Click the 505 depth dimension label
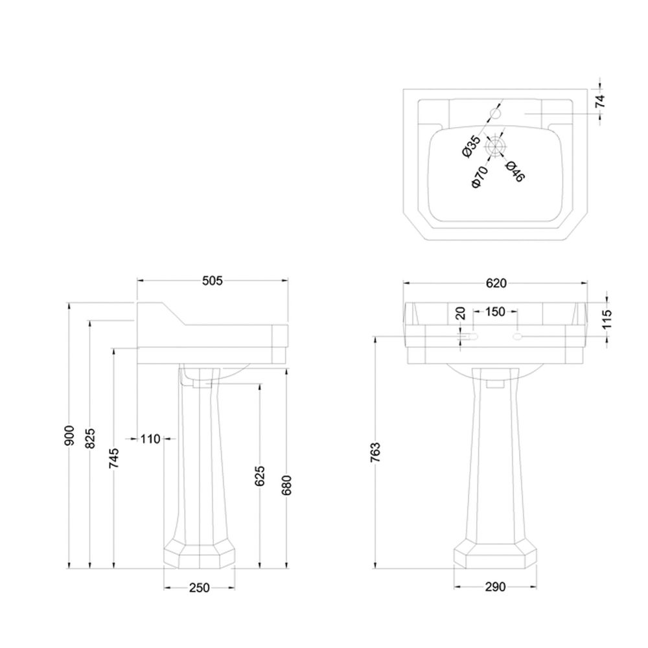point(213,281)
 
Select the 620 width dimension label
point(496,283)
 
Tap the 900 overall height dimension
point(69,435)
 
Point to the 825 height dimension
point(91,438)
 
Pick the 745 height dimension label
point(113,458)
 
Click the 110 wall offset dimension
point(150,439)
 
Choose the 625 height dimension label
point(260,476)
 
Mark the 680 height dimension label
point(286,485)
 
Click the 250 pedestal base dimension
point(200,587)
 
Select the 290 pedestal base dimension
point(495,586)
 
